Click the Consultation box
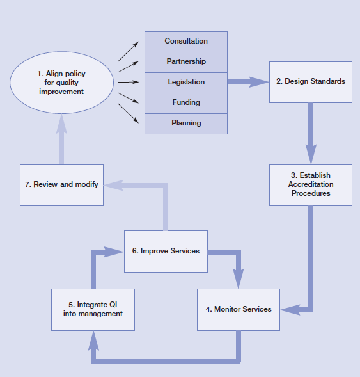(186, 42)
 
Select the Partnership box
(186, 62)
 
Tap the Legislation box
(186, 83)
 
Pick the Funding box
(186, 103)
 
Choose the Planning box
(186, 124)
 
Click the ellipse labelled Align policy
(62, 83)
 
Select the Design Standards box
(311, 82)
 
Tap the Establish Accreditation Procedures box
(311, 185)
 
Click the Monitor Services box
(239, 310)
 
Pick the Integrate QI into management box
(93, 310)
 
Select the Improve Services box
(166, 252)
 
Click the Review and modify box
(62, 185)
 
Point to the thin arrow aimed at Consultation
(129, 51)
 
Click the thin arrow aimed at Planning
(128, 113)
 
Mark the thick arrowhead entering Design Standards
(259, 82)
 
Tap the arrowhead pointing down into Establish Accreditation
(311, 154)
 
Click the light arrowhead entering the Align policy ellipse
(61, 124)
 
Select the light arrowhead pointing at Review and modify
(113, 185)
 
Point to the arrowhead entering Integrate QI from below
(93, 341)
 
